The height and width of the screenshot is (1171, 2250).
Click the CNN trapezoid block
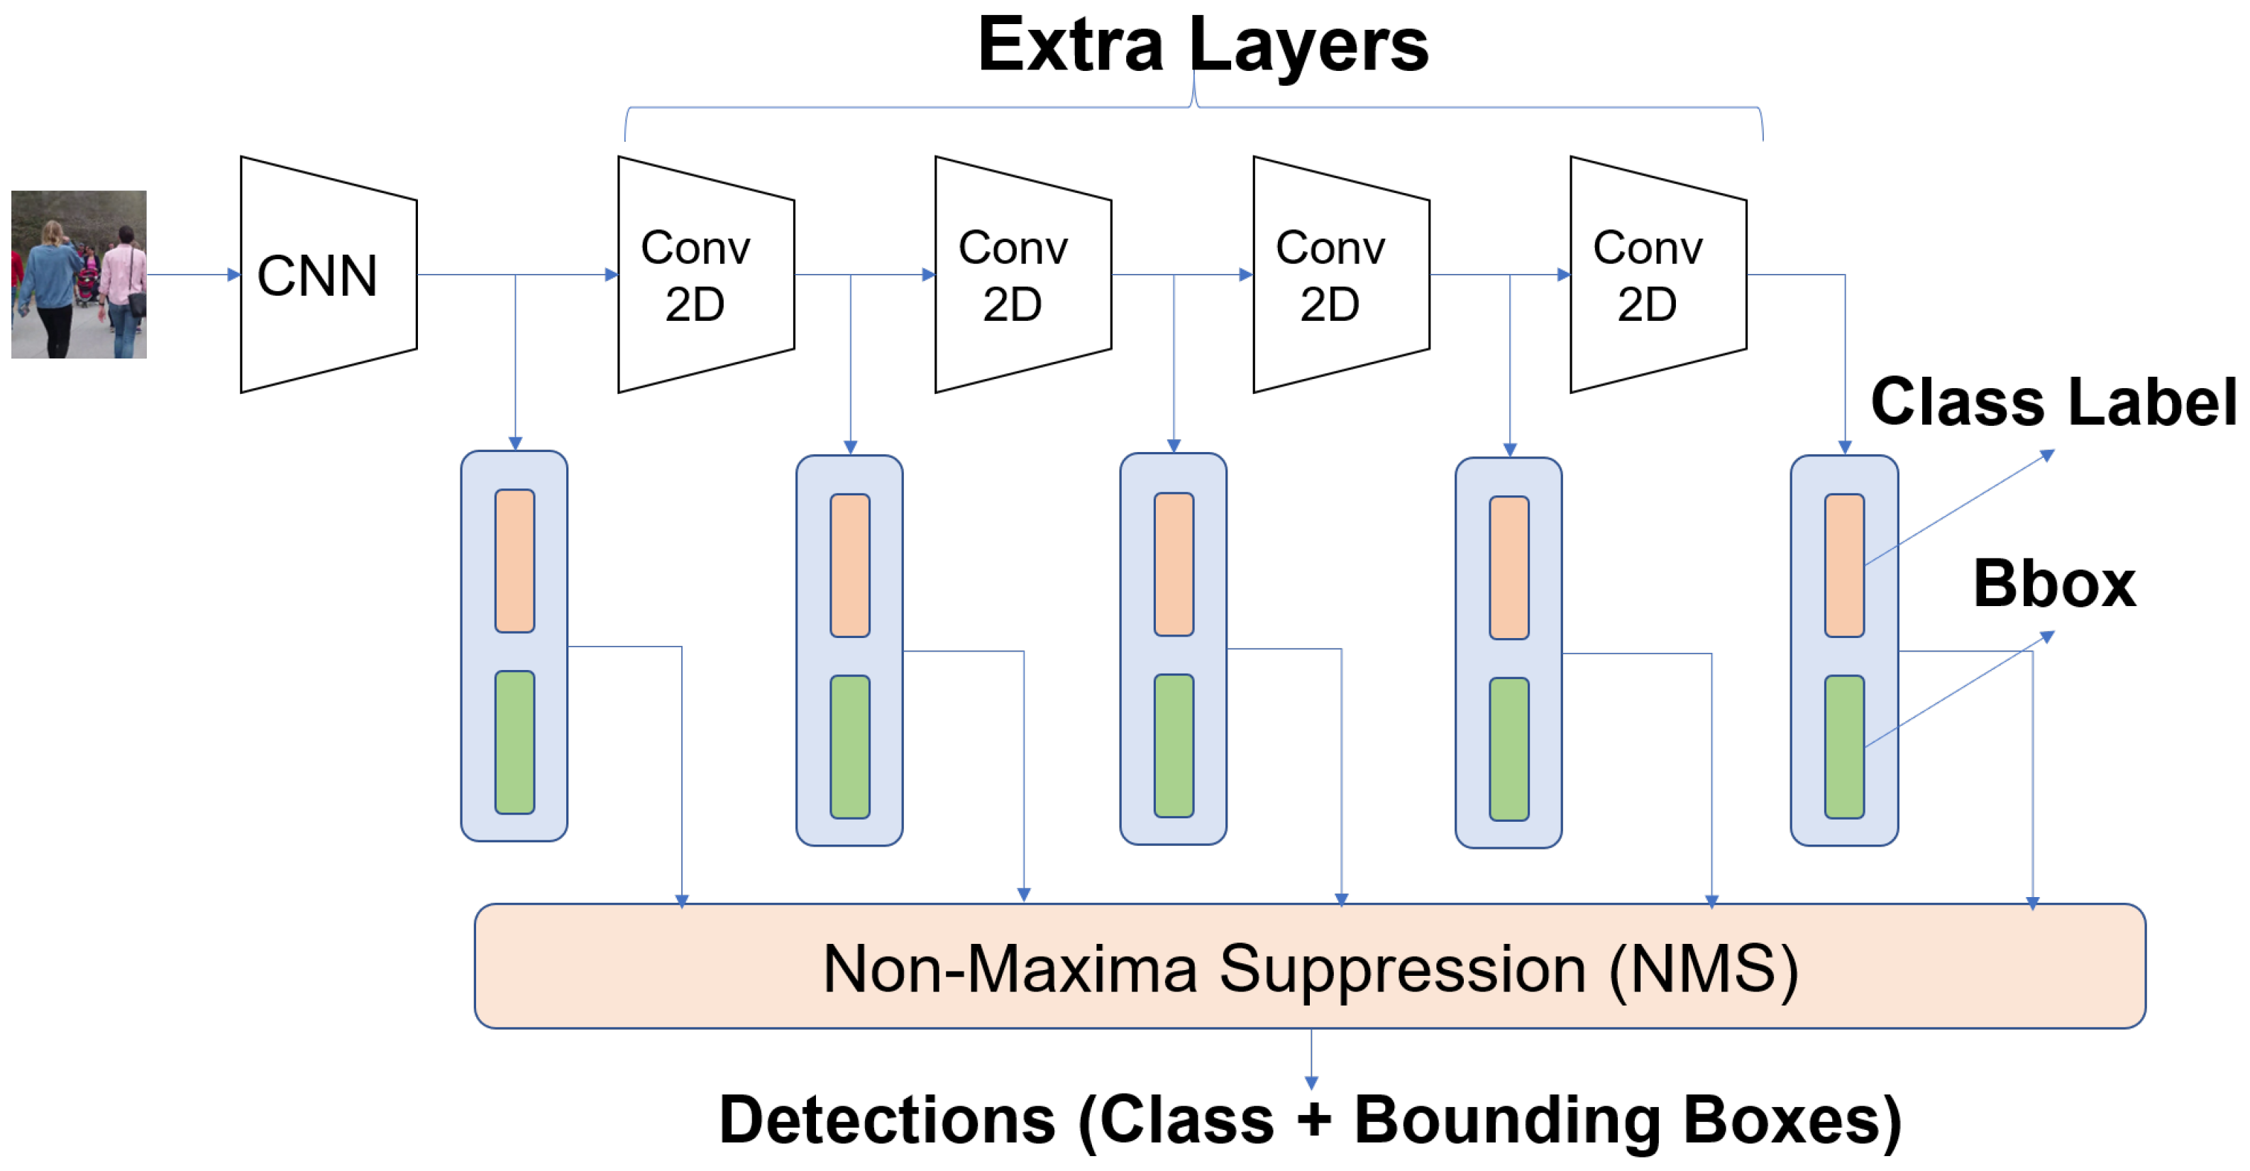click(x=329, y=275)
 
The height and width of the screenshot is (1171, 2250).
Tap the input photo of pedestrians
click(x=79, y=275)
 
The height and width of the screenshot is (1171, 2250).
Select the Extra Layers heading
click(x=1203, y=45)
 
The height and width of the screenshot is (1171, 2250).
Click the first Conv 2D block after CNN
click(x=706, y=275)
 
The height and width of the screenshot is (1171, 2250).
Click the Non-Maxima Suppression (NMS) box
click(x=1310, y=966)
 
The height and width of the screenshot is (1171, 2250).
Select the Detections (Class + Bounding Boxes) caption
click(x=1310, y=1121)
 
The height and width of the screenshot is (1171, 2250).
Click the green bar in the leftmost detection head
click(x=514, y=742)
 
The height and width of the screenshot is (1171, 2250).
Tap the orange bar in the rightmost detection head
click(x=1844, y=566)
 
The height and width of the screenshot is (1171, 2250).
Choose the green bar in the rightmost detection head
click(x=1844, y=747)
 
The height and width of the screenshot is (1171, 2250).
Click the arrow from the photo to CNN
click(x=193, y=275)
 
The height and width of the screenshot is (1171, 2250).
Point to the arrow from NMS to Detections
click(x=1311, y=1058)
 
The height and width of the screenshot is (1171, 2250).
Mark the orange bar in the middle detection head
click(x=1173, y=563)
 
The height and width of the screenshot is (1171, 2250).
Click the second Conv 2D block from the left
click(x=1022, y=275)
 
